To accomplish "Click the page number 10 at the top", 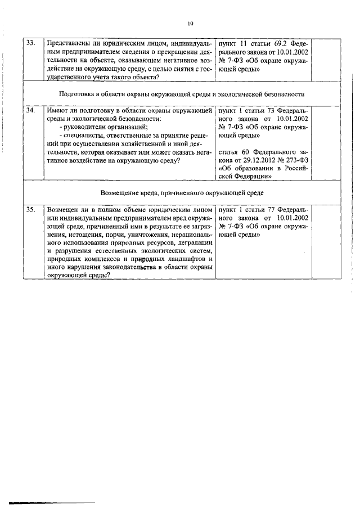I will click(x=190, y=24).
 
